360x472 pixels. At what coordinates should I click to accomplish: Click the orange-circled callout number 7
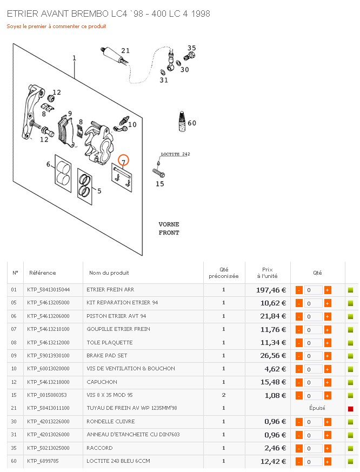click(123, 161)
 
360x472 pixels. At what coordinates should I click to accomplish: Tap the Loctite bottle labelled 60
click(182, 121)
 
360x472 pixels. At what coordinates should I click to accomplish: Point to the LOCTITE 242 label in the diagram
click(175, 154)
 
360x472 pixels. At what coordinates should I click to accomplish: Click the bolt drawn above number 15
click(158, 173)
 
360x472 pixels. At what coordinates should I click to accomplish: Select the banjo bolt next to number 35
click(190, 56)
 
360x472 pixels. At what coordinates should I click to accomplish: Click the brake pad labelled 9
click(66, 132)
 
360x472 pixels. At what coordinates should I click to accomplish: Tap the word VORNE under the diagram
click(169, 224)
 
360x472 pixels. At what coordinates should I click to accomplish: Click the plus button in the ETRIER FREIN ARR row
click(328, 290)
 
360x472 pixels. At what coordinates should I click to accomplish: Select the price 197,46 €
click(271, 290)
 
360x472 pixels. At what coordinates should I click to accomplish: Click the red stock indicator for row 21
click(350, 409)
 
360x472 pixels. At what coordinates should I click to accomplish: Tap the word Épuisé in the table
click(317, 408)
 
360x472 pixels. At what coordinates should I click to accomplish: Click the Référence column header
click(43, 272)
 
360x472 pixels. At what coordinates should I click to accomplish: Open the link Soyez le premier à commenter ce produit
click(57, 26)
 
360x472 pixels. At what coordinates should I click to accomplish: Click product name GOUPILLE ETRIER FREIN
click(118, 329)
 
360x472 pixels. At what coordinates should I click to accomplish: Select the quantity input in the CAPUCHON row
click(313, 383)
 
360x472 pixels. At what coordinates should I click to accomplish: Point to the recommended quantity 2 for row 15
click(224, 395)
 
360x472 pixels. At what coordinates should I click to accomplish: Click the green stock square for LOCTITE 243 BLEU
click(350, 461)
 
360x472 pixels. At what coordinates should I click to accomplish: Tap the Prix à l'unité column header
click(267, 272)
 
